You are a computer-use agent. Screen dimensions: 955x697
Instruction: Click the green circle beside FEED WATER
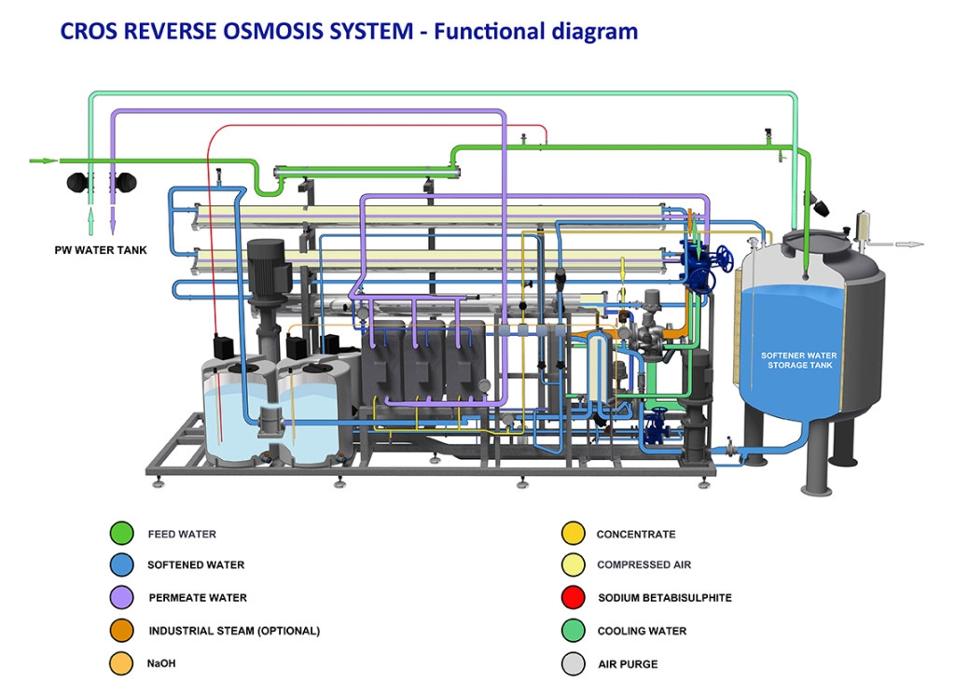point(122,533)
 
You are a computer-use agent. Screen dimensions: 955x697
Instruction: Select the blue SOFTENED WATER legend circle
point(122,565)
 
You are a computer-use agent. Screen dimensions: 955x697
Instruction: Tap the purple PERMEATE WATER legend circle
point(122,598)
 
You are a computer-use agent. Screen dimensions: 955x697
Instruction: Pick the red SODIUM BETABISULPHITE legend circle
point(574,598)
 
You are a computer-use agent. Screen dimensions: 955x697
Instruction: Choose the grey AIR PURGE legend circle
point(574,663)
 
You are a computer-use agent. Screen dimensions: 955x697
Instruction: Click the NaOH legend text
point(161,663)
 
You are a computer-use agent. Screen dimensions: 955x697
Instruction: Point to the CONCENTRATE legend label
point(636,535)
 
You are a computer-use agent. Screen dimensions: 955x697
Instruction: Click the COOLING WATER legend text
point(642,631)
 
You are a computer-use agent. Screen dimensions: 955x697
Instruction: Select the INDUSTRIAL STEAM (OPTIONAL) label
point(234,631)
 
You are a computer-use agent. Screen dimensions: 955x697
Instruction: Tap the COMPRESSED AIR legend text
point(644,565)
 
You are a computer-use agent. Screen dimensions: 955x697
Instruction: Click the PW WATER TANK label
point(101,250)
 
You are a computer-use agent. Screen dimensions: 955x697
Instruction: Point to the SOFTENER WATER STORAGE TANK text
point(799,360)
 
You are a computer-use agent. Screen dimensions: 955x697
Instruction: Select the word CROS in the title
point(89,31)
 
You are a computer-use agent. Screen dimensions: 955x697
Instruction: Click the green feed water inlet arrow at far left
point(43,160)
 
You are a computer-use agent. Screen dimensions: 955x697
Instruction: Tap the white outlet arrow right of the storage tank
point(909,244)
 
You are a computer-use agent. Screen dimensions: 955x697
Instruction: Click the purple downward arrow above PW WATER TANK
point(113,220)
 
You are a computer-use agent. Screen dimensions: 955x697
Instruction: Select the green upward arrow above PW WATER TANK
point(90,221)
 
